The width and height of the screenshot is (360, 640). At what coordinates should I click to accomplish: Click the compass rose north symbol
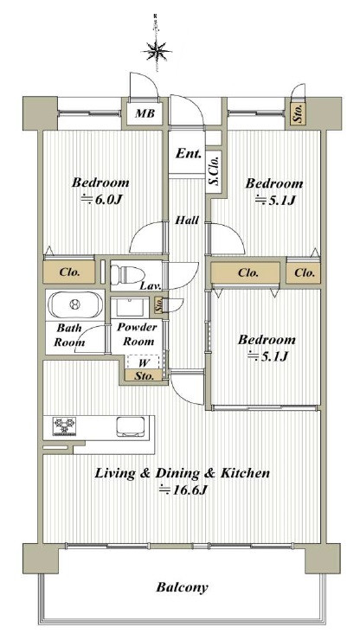tap(156, 51)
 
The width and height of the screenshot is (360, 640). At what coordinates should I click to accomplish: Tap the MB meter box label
tap(145, 113)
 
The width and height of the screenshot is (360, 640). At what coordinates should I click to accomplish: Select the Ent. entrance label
tap(189, 154)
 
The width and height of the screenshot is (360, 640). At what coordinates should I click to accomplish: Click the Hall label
tap(187, 221)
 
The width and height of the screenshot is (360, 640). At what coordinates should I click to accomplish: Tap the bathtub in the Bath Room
tap(74, 304)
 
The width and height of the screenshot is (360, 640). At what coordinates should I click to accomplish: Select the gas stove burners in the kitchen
tap(65, 426)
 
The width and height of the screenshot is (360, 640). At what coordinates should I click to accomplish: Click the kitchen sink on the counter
tap(130, 427)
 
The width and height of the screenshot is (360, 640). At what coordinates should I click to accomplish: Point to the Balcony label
tap(182, 588)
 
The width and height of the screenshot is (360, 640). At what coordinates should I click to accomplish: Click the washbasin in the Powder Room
tap(130, 307)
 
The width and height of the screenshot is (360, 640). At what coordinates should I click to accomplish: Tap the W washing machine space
tap(145, 362)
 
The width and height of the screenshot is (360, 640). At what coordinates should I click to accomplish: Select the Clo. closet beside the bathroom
tap(69, 272)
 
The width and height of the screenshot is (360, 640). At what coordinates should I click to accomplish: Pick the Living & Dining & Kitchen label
tap(183, 473)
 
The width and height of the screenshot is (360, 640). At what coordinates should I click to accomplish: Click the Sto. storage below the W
tap(145, 376)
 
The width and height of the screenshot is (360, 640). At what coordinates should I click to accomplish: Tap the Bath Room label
tap(69, 335)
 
